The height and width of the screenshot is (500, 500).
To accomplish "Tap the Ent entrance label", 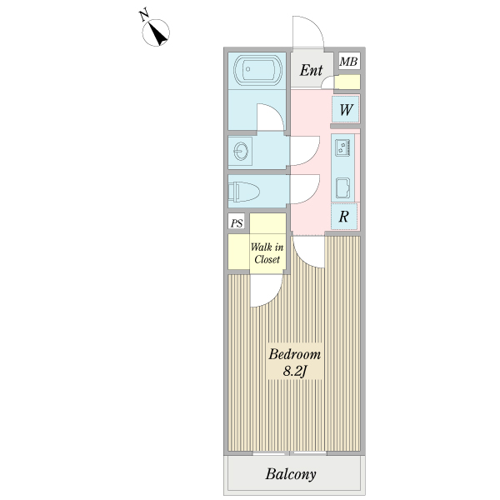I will click(x=311, y=71).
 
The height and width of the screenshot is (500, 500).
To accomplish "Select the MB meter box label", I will click(x=348, y=61).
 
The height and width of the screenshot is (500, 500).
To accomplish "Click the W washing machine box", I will click(x=346, y=109).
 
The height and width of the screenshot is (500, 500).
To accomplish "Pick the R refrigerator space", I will click(x=344, y=216).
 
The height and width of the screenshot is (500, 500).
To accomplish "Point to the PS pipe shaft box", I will click(x=237, y=223).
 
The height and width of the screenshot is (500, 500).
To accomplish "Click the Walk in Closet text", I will click(x=267, y=252).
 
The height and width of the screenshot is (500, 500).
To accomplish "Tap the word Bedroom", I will click(x=294, y=354).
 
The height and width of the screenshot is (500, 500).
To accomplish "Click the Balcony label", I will click(x=291, y=475).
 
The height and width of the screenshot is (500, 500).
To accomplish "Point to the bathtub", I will click(x=258, y=71).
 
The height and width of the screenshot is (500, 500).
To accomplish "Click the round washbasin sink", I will click(x=242, y=152).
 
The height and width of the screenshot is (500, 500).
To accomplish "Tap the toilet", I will click(x=245, y=191).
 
